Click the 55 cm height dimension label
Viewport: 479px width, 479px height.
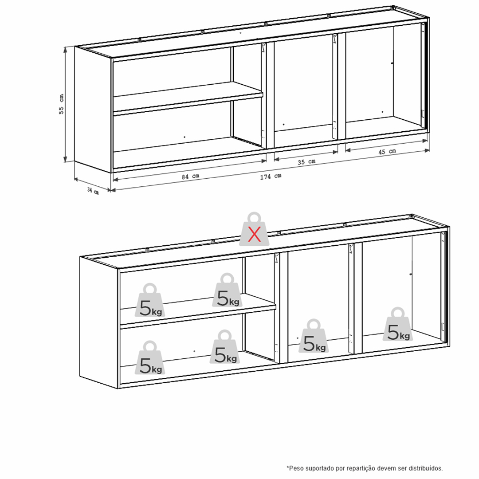click(61, 104)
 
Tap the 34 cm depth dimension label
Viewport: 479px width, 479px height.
click(93, 191)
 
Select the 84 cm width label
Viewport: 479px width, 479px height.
click(190, 176)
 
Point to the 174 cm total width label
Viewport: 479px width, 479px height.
click(271, 176)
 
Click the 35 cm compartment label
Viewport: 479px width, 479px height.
click(306, 161)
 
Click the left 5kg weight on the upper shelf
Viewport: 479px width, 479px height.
click(150, 300)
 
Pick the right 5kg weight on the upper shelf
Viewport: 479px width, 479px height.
click(227, 290)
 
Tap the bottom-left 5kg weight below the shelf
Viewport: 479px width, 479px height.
click(150, 357)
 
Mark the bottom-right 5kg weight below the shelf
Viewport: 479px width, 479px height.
click(225, 346)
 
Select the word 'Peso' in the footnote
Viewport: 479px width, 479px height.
click(296, 468)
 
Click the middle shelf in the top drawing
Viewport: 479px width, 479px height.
click(188, 98)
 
